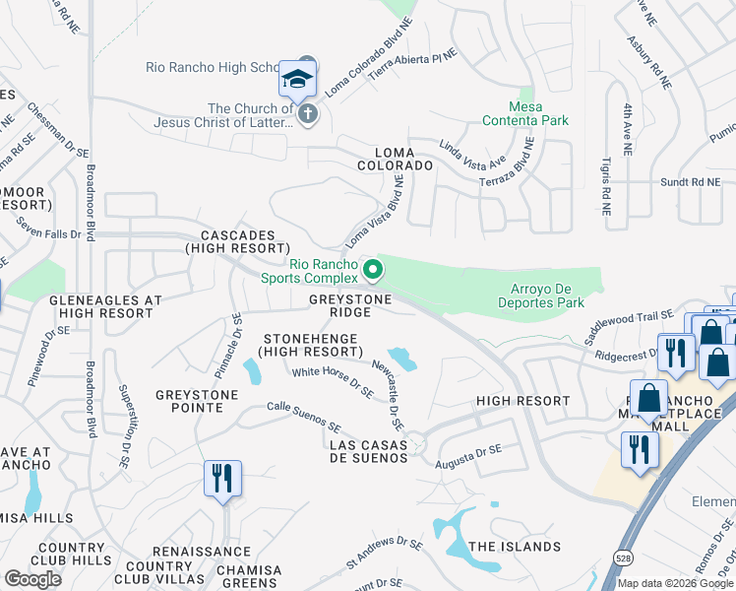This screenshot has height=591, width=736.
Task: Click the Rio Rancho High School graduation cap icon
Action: click(x=296, y=79)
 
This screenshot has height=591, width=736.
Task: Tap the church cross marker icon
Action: click(x=307, y=114)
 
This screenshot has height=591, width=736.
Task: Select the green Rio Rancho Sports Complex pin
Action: click(x=372, y=268)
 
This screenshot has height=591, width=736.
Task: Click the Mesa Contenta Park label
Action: click(x=525, y=113)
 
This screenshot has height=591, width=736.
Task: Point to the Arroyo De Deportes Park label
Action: click(x=547, y=295)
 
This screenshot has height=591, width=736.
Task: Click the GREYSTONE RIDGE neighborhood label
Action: click(x=351, y=305)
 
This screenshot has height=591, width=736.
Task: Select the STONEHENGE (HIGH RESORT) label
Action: click(x=305, y=345)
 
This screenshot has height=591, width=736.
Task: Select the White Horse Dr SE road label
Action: click(x=333, y=381)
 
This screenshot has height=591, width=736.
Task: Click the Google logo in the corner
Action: click(x=32, y=579)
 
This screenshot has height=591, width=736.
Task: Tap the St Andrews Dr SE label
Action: click(x=384, y=555)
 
